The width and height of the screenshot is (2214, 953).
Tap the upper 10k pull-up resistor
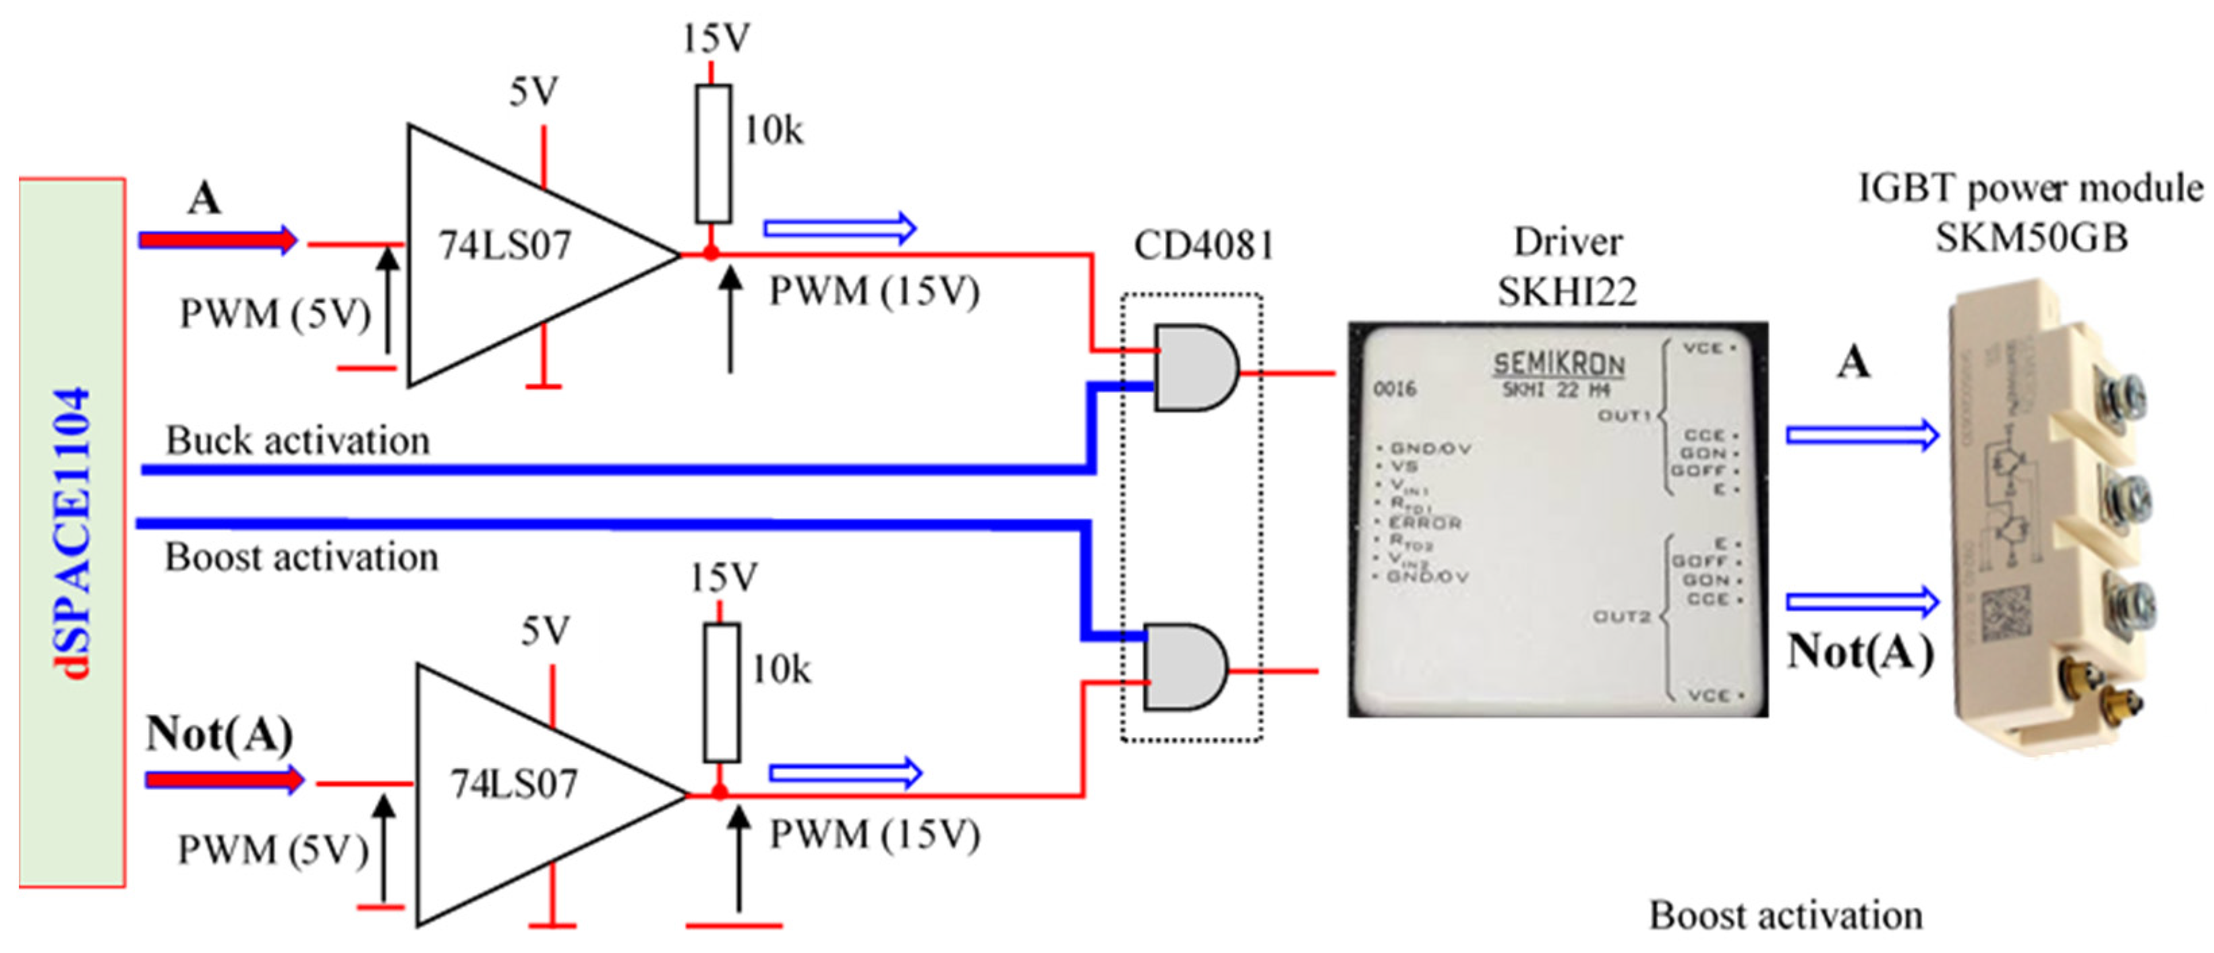(x=713, y=154)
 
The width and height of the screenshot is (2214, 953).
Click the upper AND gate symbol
(x=1194, y=367)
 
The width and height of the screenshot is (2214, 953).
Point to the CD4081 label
(x=1202, y=246)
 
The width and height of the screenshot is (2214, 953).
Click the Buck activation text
(x=297, y=441)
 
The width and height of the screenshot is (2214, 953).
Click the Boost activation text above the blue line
(x=301, y=558)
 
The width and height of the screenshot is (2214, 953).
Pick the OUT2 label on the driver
(x=1621, y=616)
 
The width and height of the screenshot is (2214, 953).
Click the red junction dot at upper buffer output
(x=711, y=254)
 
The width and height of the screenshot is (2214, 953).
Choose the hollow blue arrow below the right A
(x=1861, y=436)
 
